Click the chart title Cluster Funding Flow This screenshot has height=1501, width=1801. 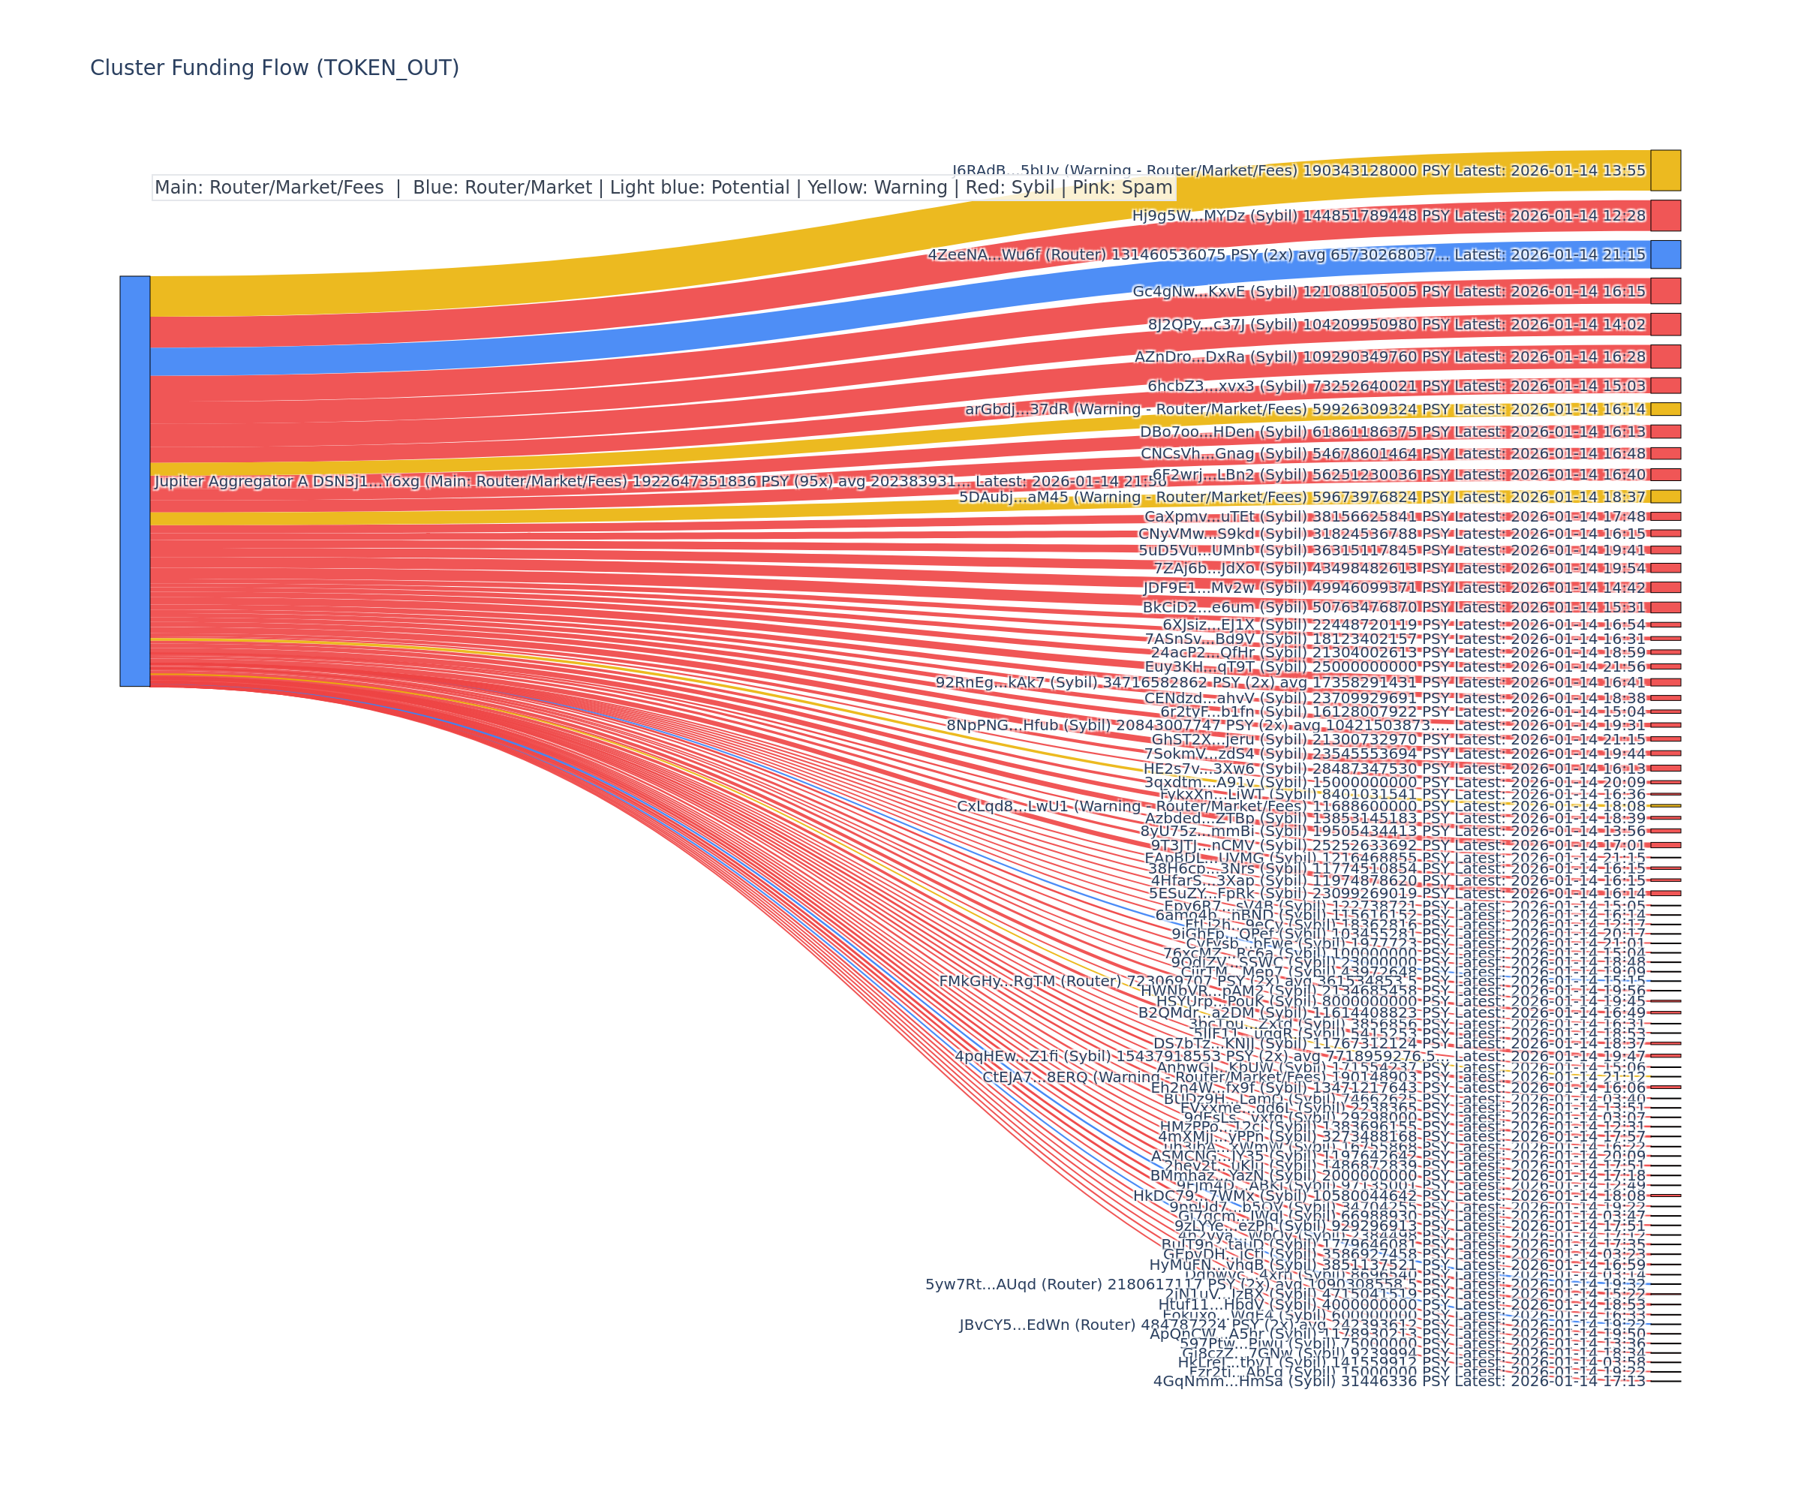click(x=275, y=68)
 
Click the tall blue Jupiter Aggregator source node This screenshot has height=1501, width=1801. click(x=134, y=481)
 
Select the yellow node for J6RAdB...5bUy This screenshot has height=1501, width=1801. click(x=1665, y=170)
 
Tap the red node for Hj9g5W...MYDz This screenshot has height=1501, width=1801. click(x=1665, y=215)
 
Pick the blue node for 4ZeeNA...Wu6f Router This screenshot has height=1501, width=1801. click(x=1665, y=254)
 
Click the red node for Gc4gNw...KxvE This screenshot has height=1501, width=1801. click(x=1665, y=290)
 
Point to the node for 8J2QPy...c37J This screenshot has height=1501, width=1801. click(x=1665, y=324)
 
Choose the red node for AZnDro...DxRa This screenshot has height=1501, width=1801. click(x=1665, y=356)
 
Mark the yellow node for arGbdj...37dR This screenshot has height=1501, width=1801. click(x=1665, y=409)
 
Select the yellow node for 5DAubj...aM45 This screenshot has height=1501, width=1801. click(x=1665, y=497)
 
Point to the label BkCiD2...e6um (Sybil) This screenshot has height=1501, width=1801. click(x=1225, y=607)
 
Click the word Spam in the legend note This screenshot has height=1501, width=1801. click(x=1147, y=188)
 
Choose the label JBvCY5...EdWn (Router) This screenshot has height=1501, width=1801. click(x=1048, y=1325)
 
